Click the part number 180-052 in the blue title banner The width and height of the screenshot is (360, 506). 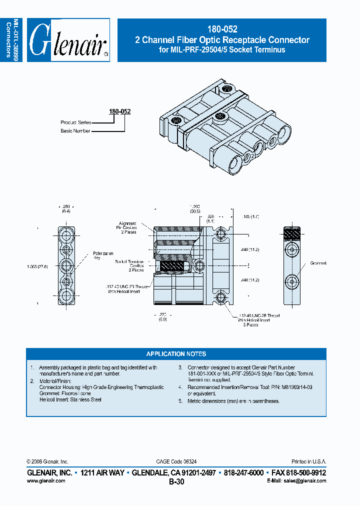(x=222, y=29)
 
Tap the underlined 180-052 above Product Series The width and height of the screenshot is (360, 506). (x=120, y=111)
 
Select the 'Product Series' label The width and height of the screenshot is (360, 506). (x=75, y=122)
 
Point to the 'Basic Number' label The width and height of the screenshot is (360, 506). (x=75, y=131)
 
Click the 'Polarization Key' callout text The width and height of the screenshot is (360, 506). (x=103, y=255)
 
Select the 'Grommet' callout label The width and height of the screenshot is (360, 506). (x=318, y=263)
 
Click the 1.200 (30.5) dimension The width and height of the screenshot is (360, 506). (x=194, y=209)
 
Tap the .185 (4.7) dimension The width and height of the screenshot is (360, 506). (x=249, y=217)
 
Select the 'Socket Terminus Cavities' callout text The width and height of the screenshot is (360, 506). (x=129, y=265)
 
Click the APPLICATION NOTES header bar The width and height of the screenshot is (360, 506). (x=176, y=354)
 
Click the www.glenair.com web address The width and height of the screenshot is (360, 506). (x=45, y=480)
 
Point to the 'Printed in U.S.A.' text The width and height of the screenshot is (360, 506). (x=308, y=461)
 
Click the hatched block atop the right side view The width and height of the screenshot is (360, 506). (x=291, y=233)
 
